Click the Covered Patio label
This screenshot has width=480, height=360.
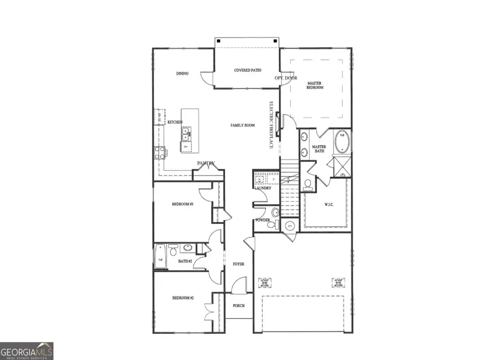[x=247, y=70]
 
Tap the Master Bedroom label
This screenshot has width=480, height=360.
[x=315, y=85]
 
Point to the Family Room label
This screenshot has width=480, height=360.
[x=243, y=125]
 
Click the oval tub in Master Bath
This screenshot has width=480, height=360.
[x=341, y=142]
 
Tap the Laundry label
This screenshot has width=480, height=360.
[x=263, y=188]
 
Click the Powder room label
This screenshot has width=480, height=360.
[x=262, y=220]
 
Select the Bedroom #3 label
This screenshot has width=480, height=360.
[x=182, y=204]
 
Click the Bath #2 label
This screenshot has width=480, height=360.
[x=185, y=261]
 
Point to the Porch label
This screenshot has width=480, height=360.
[x=238, y=306]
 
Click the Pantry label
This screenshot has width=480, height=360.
[x=206, y=163]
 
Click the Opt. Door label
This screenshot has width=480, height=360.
[x=286, y=78]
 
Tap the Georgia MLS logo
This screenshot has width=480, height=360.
[x=27, y=351]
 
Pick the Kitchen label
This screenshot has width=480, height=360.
[x=175, y=122]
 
